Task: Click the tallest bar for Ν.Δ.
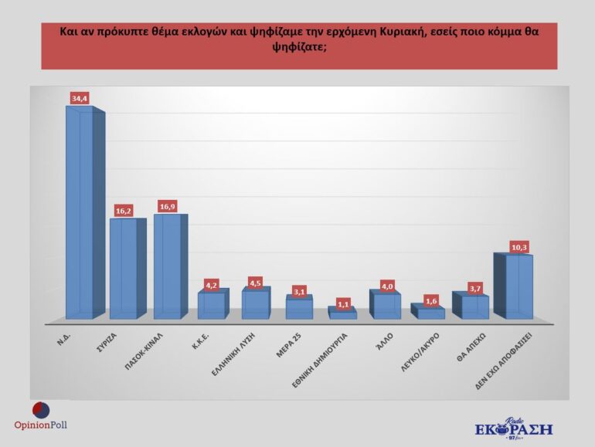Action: (x=80, y=212)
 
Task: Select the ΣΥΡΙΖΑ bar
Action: (x=124, y=269)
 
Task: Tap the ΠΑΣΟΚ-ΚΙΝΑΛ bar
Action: (x=168, y=266)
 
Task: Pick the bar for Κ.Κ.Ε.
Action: (x=212, y=305)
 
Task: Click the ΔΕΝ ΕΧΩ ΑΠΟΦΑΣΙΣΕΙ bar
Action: (x=513, y=286)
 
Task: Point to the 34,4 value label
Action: (x=79, y=98)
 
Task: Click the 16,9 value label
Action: (x=168, y=206)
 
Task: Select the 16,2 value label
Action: (x=124, y=210)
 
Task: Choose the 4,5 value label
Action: (x=256, y=282)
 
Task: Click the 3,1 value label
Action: (x=300, y=291)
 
